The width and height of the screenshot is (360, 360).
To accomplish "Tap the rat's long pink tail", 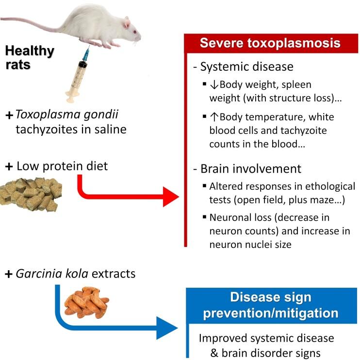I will pos(29,19).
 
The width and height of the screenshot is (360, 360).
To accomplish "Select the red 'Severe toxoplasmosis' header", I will pos(271,43).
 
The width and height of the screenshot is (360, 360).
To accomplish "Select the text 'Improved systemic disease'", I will pos(266,338).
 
